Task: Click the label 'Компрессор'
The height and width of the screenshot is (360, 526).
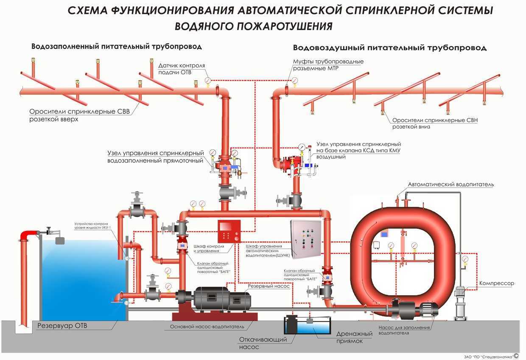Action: (496, 283)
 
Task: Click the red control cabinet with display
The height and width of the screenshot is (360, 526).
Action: (229, 232)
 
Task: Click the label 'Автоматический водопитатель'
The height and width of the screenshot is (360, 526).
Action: (450, 185)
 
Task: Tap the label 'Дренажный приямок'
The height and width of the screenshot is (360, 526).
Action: (354, 337)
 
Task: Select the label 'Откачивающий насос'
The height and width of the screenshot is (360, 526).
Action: (263, 343)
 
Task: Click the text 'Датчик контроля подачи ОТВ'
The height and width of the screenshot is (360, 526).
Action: (182, 69)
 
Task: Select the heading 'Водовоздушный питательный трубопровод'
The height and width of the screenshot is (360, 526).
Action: (389, 48)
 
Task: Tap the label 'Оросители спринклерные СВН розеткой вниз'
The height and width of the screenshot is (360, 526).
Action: (435, 123)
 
